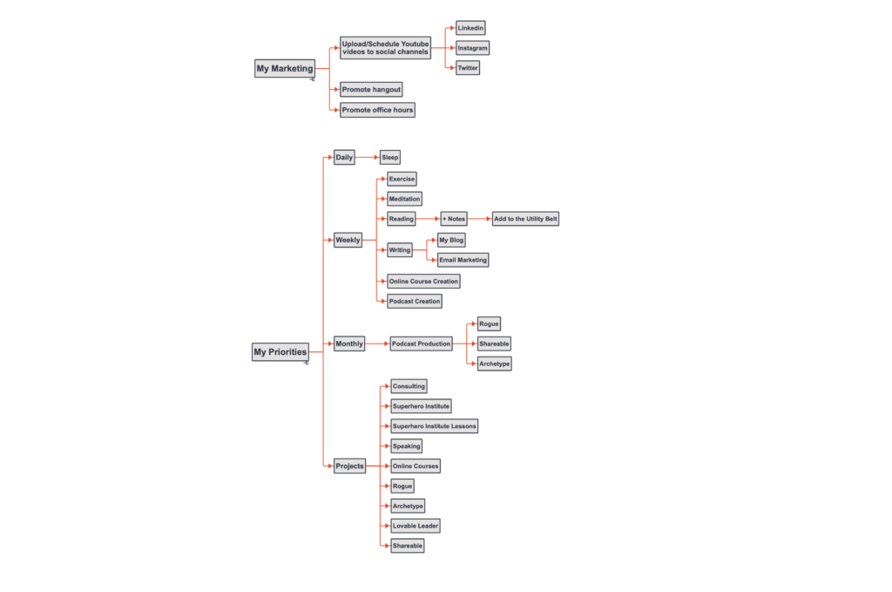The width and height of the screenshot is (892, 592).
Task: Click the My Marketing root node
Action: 285,68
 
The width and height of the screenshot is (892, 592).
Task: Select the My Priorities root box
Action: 280,351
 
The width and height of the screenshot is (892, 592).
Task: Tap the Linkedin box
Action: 470,28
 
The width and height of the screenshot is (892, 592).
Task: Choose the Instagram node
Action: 472,48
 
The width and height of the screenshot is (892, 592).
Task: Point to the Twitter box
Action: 468,68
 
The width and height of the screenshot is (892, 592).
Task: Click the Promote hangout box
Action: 371,90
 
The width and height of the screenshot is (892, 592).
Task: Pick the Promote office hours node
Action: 377,110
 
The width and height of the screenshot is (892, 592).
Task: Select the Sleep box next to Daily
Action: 389,157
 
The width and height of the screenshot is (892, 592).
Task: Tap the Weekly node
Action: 348,240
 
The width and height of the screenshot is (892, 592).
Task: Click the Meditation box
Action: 404,199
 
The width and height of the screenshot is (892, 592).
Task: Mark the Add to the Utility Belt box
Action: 525,219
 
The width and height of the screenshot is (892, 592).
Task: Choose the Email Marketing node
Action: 463,260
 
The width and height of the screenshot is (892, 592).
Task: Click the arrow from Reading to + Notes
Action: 429,219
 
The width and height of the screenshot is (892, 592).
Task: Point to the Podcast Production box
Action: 421,344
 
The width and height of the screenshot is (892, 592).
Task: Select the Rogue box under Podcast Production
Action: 489,323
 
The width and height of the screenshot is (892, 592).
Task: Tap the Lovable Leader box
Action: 416,526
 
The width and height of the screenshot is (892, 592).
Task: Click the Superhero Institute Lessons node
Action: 434,425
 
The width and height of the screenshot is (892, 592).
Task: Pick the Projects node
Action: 349,466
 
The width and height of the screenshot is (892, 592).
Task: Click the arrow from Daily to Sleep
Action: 368,157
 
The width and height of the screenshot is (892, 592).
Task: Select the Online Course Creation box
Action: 423,281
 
